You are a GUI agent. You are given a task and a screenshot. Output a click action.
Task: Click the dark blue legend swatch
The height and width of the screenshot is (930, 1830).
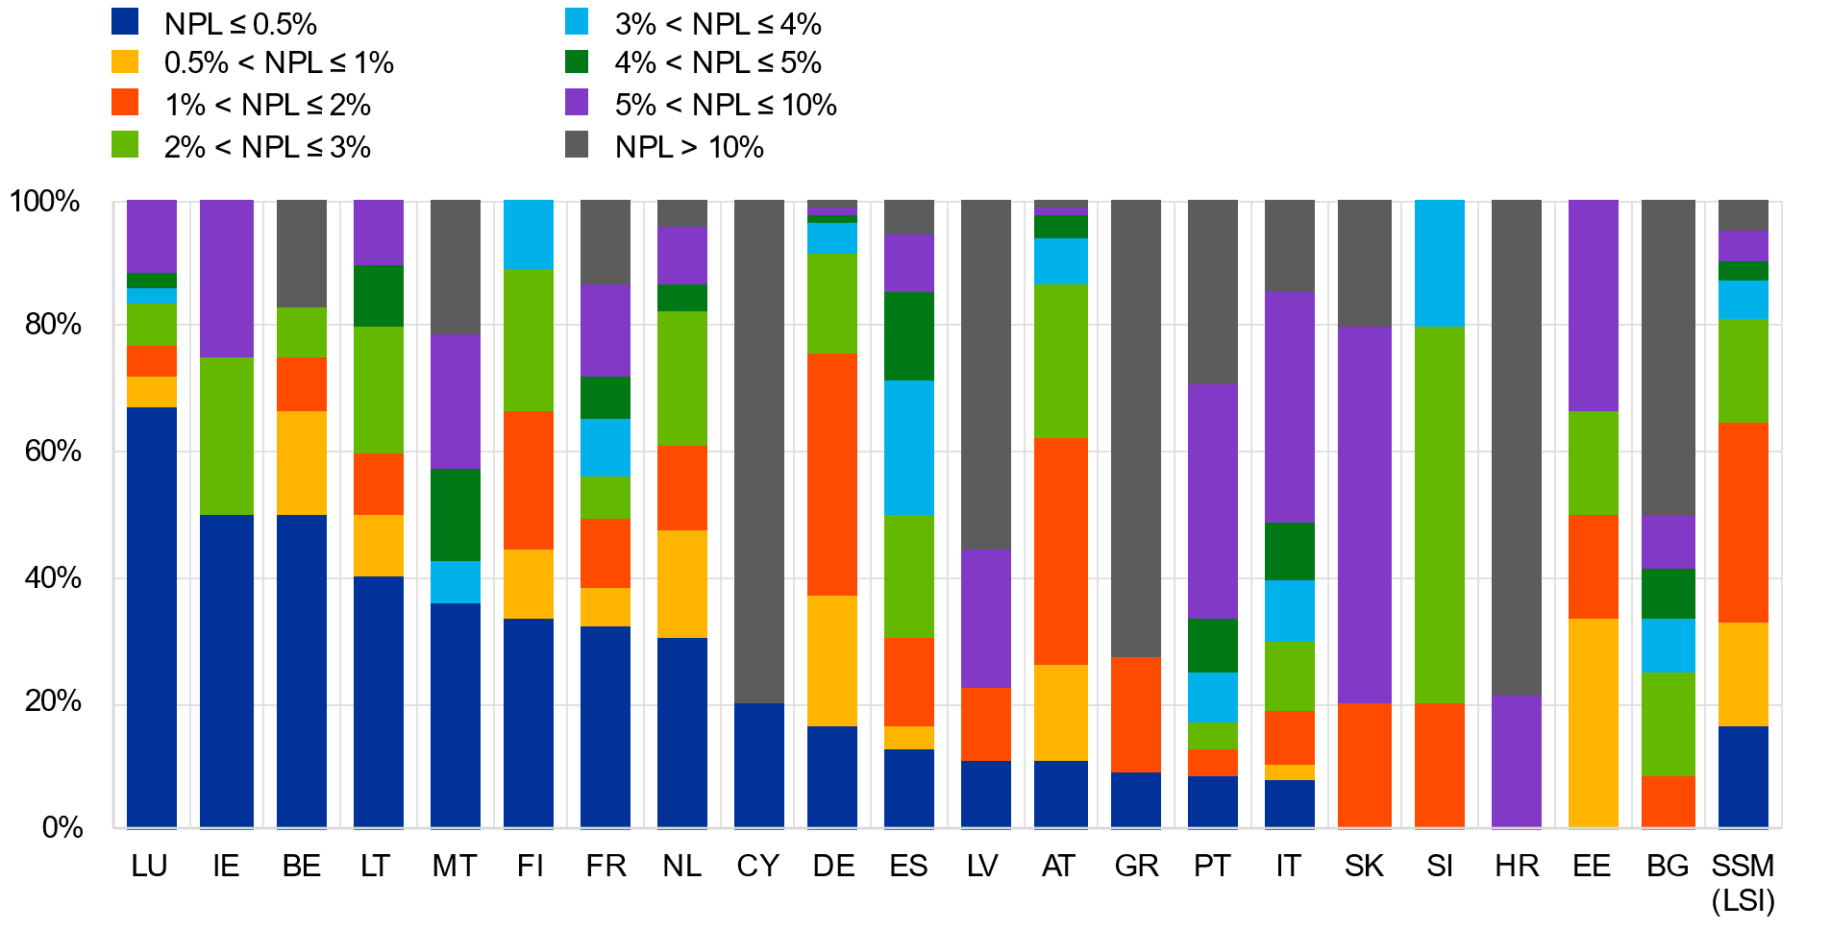[125, 21]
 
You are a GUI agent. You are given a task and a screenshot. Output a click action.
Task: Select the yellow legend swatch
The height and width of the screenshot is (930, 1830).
[125, 61]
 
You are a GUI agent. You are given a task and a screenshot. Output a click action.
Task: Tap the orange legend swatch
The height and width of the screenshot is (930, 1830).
[125, 102]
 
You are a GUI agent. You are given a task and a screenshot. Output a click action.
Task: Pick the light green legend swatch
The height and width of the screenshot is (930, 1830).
[125, 144]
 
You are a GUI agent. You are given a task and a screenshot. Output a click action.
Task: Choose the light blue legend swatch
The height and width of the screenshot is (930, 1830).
[577, 21]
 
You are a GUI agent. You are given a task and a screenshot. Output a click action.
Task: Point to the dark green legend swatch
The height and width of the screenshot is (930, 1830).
[577, 61]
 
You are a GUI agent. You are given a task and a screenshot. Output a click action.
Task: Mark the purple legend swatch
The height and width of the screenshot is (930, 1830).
[577, 102]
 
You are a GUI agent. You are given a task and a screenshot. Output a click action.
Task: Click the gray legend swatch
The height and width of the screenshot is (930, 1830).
[577, 144]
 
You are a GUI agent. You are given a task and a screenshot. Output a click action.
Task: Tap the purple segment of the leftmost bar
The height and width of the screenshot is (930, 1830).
[152, 236]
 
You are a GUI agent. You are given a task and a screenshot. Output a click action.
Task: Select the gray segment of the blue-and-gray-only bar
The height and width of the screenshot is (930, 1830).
[759, 452]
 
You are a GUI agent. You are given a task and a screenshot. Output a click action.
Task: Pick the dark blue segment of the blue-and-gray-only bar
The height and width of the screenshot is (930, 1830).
[759, 765]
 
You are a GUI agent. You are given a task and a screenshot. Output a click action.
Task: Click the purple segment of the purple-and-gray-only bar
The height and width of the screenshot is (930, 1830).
[1517, 761]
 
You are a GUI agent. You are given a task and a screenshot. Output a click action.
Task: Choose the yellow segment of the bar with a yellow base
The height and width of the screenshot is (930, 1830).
[1594, 722]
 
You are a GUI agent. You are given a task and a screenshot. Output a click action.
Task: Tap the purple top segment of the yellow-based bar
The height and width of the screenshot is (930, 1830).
[1594, 306]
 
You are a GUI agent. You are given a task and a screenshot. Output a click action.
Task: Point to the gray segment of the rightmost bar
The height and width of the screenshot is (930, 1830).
[1743, 215]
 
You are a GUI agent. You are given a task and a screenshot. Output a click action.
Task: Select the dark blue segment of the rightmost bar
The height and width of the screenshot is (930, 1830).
[1743, 776]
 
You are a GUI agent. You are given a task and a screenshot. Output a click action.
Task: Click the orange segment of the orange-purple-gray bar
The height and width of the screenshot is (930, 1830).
[1365, 765]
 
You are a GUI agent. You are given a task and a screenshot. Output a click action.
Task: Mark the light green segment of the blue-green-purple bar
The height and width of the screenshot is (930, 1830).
[227, 436]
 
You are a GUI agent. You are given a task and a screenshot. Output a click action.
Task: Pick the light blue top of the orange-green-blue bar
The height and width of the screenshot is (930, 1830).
[1440, 263]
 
